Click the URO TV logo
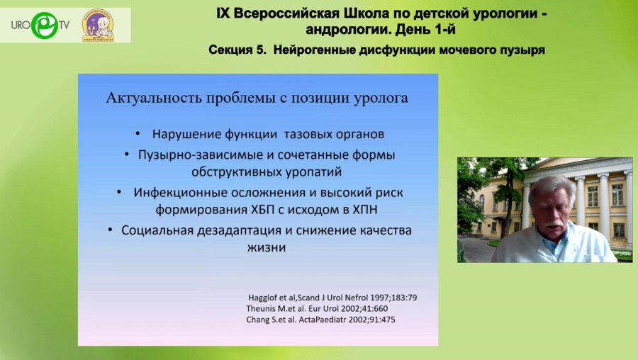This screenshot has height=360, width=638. click(40, 26)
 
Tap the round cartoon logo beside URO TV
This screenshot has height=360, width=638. click(98, 26)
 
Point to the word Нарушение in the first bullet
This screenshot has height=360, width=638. click(181, 133)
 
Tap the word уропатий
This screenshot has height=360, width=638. click(314, 171)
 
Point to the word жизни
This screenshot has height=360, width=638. click(267, 248)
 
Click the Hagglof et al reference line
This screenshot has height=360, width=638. click(332, 297)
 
